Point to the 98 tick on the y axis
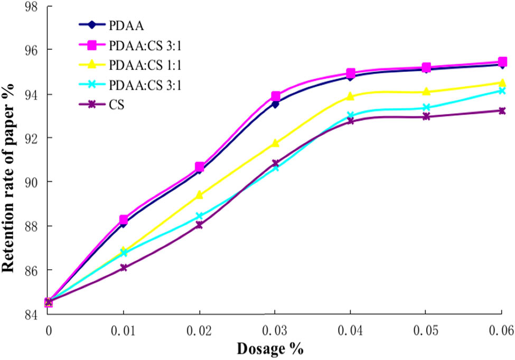coord(32,6)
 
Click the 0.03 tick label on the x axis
coord(274,330)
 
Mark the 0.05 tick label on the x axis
coord(425,330)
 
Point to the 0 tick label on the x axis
coord(49,330)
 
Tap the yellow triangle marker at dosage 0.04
coord(350,96)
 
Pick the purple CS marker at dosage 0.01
coord(124,268)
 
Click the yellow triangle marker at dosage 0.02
coord(199,195)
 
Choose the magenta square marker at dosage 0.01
coord(124,219)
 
